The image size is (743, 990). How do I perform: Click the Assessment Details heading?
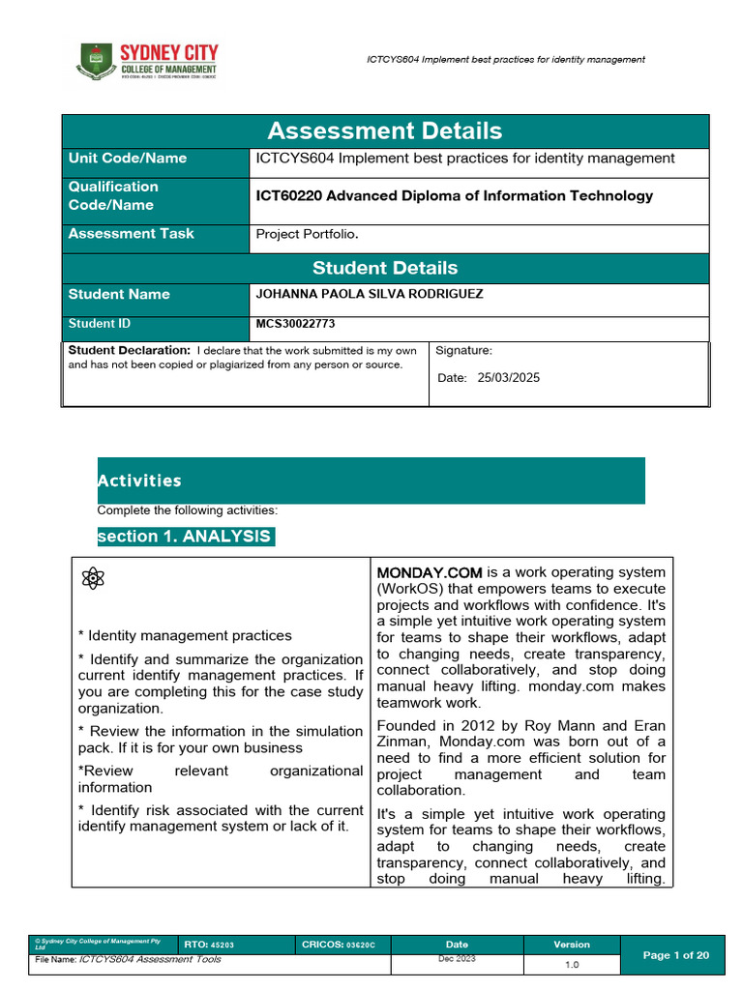[384, 131]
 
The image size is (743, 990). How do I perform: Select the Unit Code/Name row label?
[127, 159]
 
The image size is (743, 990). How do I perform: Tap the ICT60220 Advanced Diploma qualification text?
[454, 196]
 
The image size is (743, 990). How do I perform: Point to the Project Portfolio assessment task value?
[307, 234]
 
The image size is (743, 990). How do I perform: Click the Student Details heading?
[384, 268]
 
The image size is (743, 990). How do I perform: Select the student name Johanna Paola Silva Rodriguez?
[368, 294]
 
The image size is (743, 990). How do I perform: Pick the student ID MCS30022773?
[295, 325]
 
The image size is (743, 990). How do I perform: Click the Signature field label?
[463, 351]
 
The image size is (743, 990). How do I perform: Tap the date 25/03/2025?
[508, 378]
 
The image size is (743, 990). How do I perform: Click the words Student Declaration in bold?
[129, 350]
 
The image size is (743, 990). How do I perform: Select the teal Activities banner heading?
[139, 480]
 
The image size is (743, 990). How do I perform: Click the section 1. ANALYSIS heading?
[185, 537]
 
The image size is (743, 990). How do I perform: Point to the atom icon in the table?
[93, 578]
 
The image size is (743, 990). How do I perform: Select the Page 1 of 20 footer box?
[676, 955]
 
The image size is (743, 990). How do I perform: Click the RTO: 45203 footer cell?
[209, 945]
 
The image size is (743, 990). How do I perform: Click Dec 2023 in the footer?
[457, 959]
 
